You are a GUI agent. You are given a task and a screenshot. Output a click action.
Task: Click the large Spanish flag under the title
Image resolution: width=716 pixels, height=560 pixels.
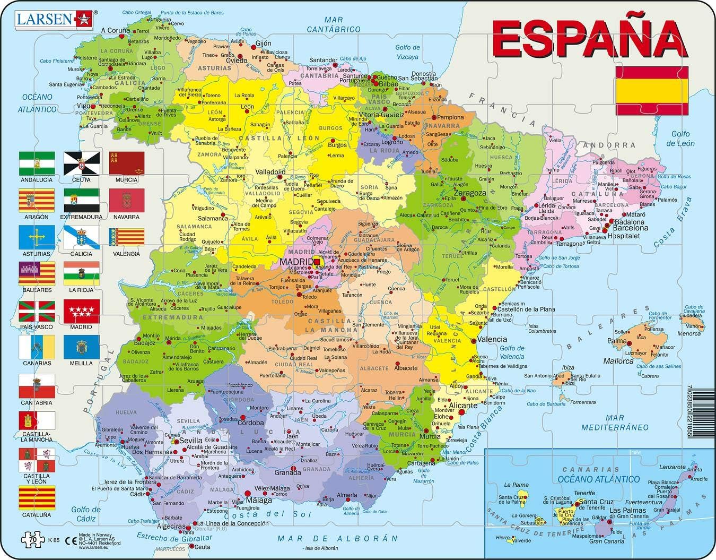point(652,91)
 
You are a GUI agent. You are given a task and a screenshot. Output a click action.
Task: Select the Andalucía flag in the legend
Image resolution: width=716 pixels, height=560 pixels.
point(37,163)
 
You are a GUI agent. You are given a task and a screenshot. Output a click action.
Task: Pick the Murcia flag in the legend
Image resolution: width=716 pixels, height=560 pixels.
point(127,163)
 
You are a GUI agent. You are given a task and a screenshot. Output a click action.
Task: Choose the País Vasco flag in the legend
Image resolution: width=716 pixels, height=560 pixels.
point(37,311)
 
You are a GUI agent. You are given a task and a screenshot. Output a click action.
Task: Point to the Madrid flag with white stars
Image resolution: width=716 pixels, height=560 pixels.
point(81,311)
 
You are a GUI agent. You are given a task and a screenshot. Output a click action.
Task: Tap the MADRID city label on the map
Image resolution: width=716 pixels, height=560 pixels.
point(296,262)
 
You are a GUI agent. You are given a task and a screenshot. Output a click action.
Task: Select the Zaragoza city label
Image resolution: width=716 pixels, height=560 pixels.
point(470,193)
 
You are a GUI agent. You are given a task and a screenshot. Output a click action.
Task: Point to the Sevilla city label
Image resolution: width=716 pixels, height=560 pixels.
point(191,441)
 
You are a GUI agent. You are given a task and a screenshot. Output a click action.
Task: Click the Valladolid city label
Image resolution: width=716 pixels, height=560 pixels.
point(270,172)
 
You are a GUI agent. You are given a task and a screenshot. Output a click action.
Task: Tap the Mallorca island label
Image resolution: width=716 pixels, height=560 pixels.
point(618,361)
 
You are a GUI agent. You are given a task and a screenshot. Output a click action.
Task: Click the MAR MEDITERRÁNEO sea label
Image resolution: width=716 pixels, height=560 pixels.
point(615,423)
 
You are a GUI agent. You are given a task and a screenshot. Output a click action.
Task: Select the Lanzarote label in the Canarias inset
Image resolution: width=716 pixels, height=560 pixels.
point(671,467)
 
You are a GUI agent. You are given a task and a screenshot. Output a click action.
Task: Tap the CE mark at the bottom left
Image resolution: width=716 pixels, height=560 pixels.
point(68,540)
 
